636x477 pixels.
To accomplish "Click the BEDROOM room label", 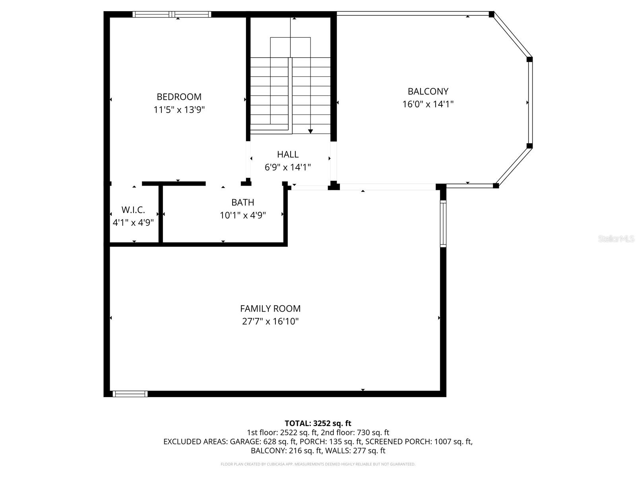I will [x=179, y=97].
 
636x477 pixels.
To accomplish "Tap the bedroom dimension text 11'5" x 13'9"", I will [x=179, y=110].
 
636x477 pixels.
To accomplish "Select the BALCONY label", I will [x=428, y=91].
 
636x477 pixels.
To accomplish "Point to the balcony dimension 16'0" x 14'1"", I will [x=428, y=104].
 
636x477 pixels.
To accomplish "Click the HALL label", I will [x=287, y=154].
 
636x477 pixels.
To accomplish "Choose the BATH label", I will [x=242, y=202].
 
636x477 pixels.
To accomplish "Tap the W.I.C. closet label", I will [x=133, y=210].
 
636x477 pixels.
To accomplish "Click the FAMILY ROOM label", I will [x=270, y=308].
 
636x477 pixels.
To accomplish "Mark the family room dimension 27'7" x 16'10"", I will [x=270, y=321].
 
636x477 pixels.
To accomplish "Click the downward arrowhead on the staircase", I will [x=310, y=131].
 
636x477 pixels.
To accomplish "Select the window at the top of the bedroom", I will [x=172, y=14].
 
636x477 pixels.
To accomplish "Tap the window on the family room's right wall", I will [x=443, y=223].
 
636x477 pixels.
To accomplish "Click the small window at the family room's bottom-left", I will [x=130, y=394].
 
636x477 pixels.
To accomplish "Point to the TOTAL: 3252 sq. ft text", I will [x=318, y=423].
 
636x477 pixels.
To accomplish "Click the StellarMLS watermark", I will [x=616, y=239].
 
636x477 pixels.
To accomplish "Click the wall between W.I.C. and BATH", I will [x=161, y=214].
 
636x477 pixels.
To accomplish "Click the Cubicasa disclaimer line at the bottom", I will [x=318, y=464].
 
